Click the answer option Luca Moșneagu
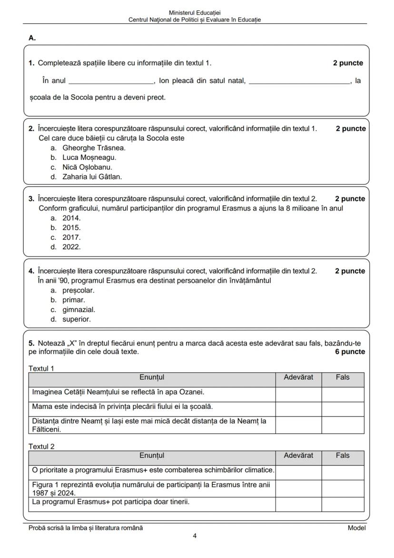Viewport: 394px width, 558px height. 89,157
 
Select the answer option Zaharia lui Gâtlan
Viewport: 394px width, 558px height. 92,177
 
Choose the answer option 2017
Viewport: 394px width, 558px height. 71,237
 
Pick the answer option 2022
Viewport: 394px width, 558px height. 71,247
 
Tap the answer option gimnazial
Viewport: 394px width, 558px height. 79,310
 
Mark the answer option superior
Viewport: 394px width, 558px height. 76,319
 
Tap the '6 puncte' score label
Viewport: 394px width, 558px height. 350,352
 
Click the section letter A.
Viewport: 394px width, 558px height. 32,38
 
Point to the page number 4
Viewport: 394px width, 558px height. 195,536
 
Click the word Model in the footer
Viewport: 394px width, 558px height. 356,528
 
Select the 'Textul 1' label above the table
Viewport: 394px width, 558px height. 41,368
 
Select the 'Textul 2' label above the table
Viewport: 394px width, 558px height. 41,446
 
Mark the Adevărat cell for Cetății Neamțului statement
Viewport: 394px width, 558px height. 298,394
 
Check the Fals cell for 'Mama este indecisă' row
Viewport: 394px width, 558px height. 343,409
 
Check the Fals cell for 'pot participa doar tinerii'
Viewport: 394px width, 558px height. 343,504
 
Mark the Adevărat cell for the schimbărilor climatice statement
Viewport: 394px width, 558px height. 298,472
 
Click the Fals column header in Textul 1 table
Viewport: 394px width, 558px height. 343,377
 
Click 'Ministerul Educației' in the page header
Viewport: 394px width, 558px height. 195,12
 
